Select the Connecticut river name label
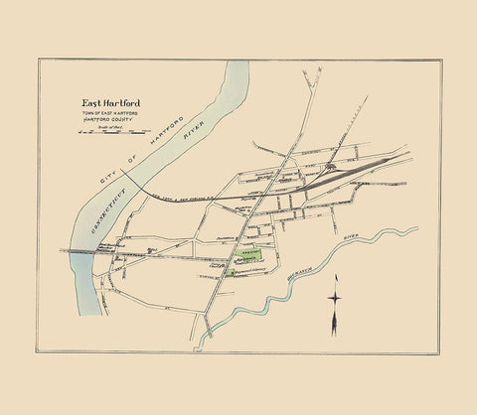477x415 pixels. [x=91, y=220]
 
